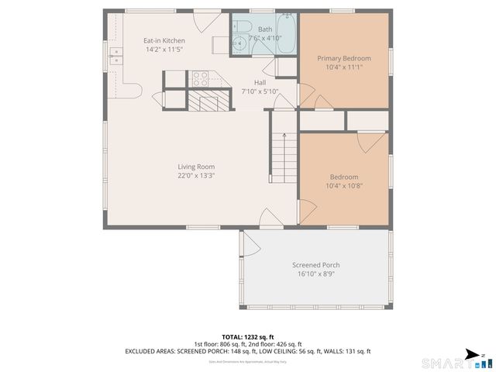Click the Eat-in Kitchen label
(x=164, y=40)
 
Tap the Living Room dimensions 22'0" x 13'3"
(x=195, y=175)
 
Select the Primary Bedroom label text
(x=344, y=58)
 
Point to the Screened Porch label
(x=315, y=265)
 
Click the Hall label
(x=260, y=82)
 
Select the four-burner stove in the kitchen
(x=201, y=77)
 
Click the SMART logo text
(x=446, y=362)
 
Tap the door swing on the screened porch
(x=250, y=245)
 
